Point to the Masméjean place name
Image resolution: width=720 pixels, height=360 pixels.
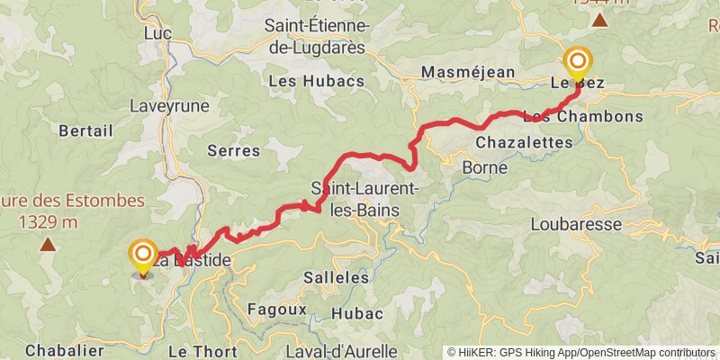click(469, 72)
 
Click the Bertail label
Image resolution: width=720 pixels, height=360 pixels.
click(85, 130)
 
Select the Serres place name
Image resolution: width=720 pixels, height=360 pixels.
click(233, 150)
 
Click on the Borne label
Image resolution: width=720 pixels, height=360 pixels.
click(484, 167)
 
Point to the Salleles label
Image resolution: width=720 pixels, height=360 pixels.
click(337, 278)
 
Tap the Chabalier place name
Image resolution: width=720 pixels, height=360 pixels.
click(64, 350)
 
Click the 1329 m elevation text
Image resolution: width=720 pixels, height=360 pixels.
click(47, 221)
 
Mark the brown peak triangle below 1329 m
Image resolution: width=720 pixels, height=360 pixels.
click(47, 244)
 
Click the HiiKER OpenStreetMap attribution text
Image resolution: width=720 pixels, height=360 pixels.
click(581, 352)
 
